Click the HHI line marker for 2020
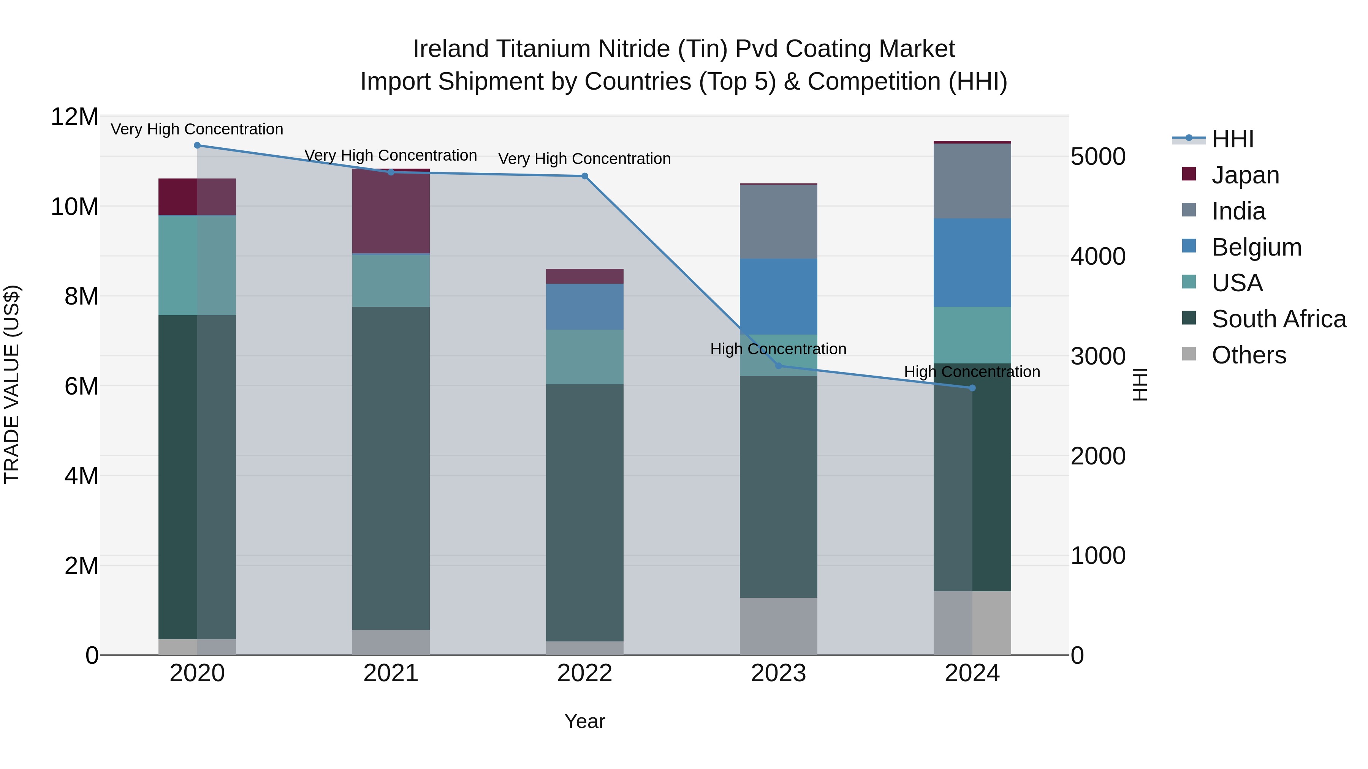coord(197,145)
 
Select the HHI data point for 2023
coord(779,366)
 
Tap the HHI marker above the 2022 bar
coord(585,176)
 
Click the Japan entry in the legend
coord(1245,175)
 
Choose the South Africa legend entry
coord(1278,319)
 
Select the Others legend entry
coord(1249,355)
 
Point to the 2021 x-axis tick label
coord(391,673)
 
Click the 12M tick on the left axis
coord(74,117)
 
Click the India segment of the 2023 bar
coord(779,222)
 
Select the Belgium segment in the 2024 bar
coord(972,263)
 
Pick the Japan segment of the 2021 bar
coord(391,211)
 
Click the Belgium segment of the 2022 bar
coord(585,307)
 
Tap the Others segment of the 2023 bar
coord(779,626)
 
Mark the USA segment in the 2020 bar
coord(197,265)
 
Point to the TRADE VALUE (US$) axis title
coord(12,384)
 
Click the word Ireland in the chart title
coord(451,49)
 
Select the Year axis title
coord(585,721)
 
